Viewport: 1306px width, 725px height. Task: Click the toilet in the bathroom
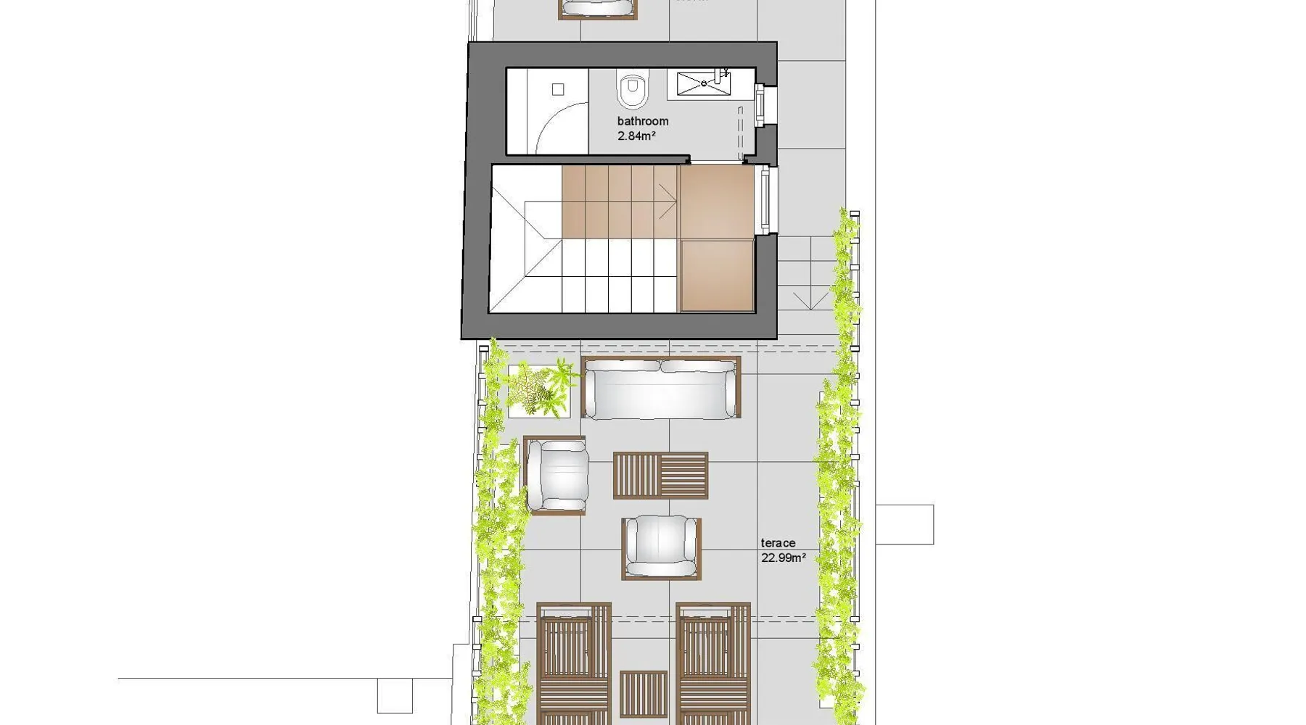[x=633, y=88]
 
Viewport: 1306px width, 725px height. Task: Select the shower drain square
[x=558, y=89]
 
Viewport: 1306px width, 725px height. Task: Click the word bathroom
[x=643, y=121]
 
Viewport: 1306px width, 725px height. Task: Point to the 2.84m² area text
[x=637, y=136]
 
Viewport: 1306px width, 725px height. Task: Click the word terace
[x=778, y=543]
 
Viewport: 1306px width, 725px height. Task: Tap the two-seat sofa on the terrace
[x=661, y=388]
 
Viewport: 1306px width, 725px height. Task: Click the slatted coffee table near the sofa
[x=660, y=476]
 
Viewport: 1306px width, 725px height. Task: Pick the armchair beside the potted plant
[x=556, y=476]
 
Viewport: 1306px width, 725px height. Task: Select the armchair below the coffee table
[x=661, y=548]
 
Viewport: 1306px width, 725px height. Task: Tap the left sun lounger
[x=574, y=663]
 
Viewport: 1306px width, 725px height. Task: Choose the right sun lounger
[x=713, y=663]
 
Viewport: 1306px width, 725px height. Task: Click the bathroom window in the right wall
[x=760, y=106]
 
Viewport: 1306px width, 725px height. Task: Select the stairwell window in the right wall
[x=764, y=200]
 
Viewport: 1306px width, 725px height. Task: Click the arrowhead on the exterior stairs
[x=810, y=300]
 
